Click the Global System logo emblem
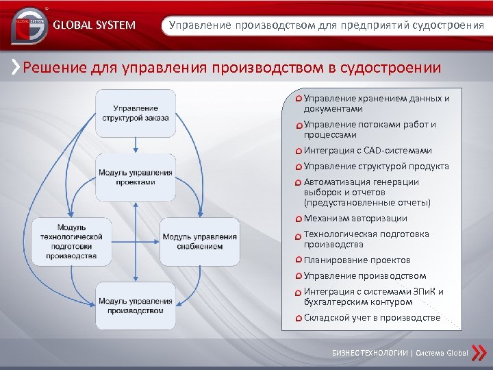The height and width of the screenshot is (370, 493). [x=27, y=25]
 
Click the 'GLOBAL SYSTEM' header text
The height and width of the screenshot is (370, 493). [x=94, y=26]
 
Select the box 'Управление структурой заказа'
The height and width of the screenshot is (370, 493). [x=135, y=113]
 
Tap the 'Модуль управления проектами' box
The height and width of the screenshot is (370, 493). [x=135, y=177]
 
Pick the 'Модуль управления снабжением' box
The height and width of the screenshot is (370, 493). [x=200, y=241]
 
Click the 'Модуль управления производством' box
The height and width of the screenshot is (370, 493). [x=135, y=306]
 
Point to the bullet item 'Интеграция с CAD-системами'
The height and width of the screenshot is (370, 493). [x=368, y=151]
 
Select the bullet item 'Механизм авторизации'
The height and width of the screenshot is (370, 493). [x=355, y=219]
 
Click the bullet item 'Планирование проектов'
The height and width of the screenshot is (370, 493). [x=357, y=260]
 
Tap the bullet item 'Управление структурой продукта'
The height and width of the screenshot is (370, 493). [x=376, y=166]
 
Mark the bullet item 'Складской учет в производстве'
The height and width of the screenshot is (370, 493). [x=372, y=318]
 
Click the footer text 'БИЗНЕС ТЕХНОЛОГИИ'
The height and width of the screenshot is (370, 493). [x=370, y=353]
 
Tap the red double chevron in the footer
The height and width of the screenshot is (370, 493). [x=481, y=352]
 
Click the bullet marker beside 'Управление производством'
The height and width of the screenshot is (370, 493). [x=299, y=276]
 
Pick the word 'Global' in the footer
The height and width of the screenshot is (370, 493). [x=457, y=353]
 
